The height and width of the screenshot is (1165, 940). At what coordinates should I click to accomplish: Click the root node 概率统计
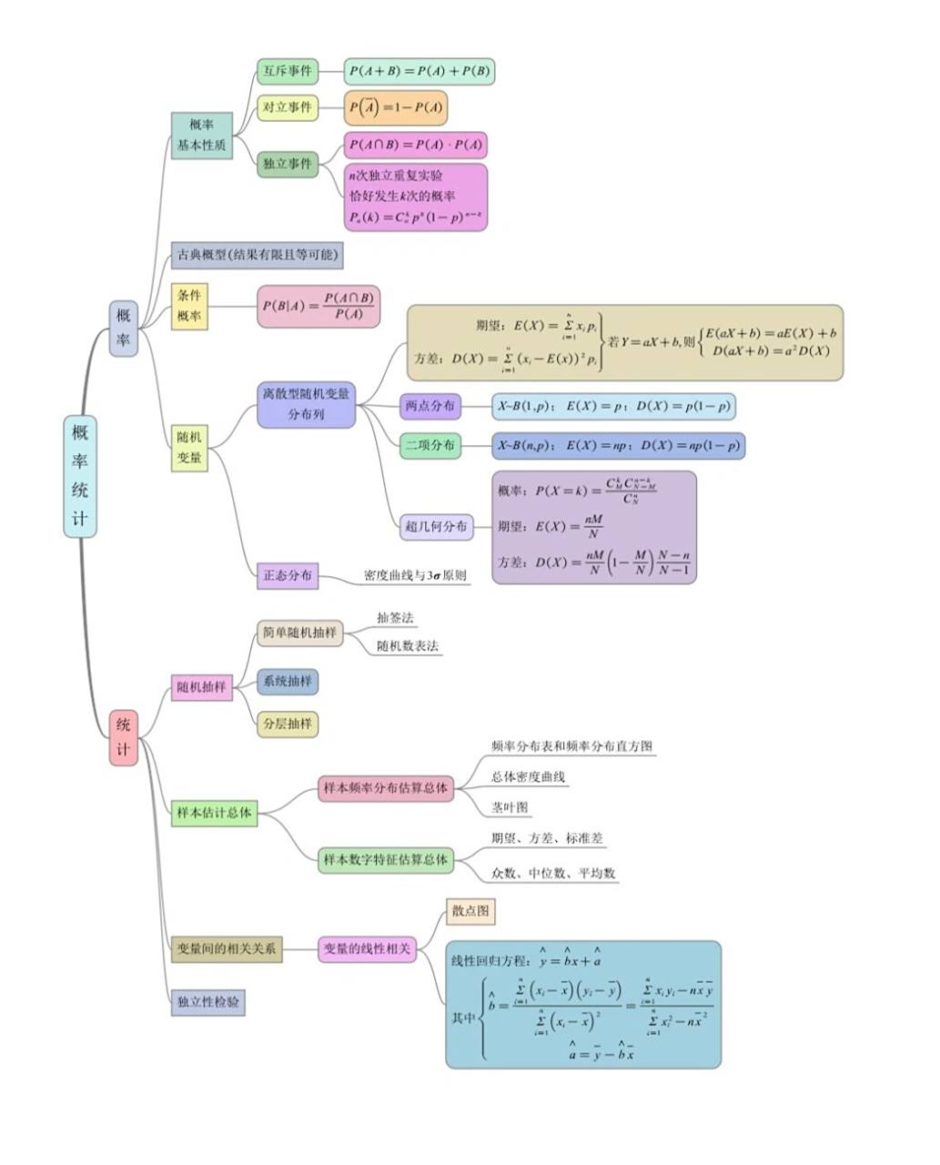coord(80,476)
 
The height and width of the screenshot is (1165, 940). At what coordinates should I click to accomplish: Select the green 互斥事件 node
coord(288,71)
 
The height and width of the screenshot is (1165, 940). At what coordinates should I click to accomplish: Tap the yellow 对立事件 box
coord(288,107)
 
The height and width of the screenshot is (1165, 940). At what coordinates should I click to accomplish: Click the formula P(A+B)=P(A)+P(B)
coord(419,71)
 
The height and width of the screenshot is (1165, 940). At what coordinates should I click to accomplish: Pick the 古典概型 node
coord(257,255)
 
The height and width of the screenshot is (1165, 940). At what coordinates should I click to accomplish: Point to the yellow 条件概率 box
coord(189,306)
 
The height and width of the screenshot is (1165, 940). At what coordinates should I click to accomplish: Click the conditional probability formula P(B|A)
coord(317,306)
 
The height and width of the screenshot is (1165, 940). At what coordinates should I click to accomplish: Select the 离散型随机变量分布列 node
coord(306,404)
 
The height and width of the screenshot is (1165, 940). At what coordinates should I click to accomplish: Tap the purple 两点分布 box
coord(430,406)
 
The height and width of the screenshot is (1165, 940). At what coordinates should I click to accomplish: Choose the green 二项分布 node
coord(430,446)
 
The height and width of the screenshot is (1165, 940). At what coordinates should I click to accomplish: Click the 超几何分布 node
coord(437,526)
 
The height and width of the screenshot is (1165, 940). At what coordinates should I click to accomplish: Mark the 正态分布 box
coord(288,575)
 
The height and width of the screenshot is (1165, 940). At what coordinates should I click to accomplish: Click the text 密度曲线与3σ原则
coord(415,575)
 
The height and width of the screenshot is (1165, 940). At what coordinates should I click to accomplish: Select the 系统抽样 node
coord(288,681)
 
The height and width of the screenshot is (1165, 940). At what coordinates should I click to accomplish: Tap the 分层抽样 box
coord(288,724)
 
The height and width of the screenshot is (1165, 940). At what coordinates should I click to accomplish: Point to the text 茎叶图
coord(510,807)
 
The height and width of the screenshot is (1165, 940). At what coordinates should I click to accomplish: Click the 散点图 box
coord(470,911)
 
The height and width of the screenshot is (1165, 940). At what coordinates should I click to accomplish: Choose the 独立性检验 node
coord(208,1002)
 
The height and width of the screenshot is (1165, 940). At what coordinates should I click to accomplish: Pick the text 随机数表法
coord(408,646)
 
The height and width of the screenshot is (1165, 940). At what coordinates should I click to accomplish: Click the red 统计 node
coord(123,737)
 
